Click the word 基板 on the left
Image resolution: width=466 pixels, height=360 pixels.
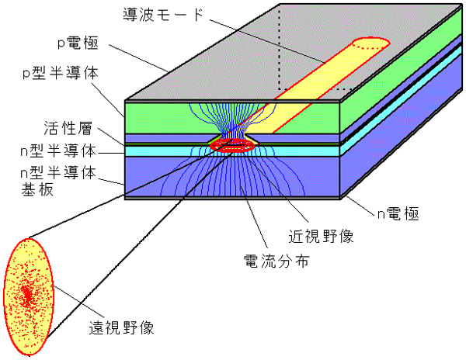30,189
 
